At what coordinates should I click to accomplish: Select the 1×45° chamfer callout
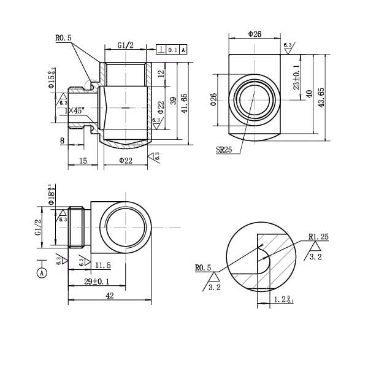[75, 110]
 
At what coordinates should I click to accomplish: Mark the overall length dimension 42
[109, 295]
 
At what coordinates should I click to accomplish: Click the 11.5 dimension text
[103, 265]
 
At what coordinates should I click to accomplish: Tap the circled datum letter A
[42, 271]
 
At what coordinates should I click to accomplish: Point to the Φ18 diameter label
[52, 194]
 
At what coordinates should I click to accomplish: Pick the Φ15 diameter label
[52, 77]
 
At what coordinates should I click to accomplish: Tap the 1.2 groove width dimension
[283, 299]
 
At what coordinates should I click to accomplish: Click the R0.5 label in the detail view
[202, 267]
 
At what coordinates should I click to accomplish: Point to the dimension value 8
[63, 140]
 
